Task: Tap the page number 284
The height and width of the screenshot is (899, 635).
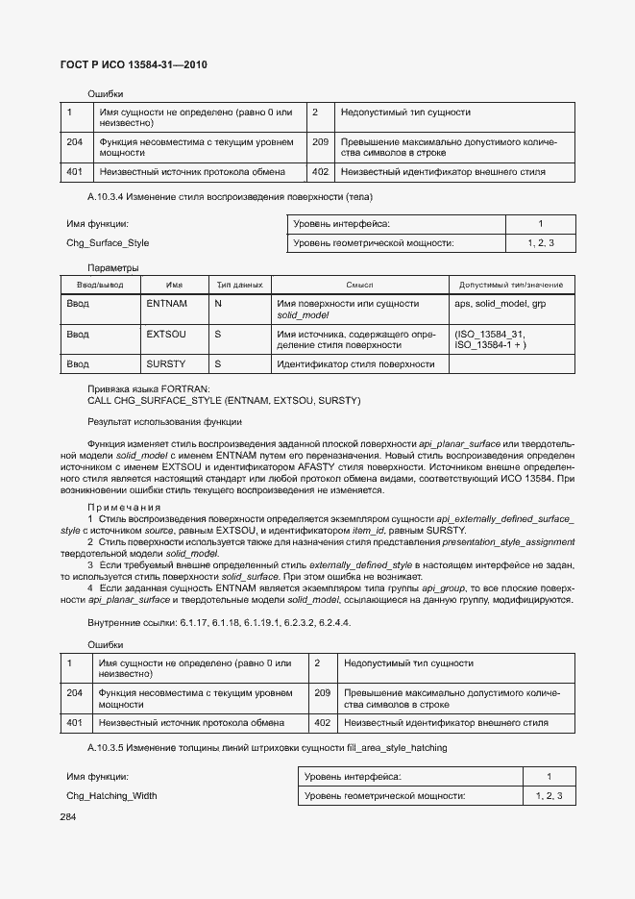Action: [x=68, y=816]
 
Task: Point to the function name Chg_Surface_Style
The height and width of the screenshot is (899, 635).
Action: [x=108, y=242]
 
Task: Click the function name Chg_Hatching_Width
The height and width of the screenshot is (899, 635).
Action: [x=111, y=795]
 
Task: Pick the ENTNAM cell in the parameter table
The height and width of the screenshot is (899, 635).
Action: [x=166, y=303]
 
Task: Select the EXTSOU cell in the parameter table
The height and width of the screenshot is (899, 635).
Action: [x=166, y=334]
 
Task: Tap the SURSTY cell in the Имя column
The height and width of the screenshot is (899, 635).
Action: [x=166, y=364]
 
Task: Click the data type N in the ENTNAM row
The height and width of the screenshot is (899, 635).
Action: [x=218, y=303]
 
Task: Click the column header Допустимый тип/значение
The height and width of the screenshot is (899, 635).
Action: [x=511, y=285]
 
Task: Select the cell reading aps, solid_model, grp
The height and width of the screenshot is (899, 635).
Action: [x=500, y=303]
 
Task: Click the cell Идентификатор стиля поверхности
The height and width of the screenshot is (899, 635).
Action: [x=355, y=364]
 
